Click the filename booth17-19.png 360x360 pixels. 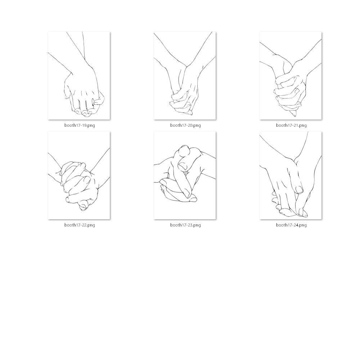pyautogui.click(x=80, y=125)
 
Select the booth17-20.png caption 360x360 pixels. pyautogui.click(x=185, y=125)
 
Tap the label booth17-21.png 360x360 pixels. pyautogui.click(x=291, y=125)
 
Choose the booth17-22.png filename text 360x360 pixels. pyautogui.click(x=80, y=225)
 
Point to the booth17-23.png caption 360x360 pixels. pyautogui.click(x=185, y=225)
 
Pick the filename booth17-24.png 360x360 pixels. pyautogui.click(x=291, y=225)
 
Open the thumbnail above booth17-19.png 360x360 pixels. pyautogui.click(x=79, y=76)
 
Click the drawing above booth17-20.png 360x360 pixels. pyautogui.click(x=185, y=76)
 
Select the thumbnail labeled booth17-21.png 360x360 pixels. pyautogui.click(x=291, y=76)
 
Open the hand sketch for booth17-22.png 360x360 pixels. pyautogui.click(x=79, y=175)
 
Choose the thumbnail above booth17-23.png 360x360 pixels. pyautogui.click(x=185, y=175)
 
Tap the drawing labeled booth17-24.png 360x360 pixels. pyautogui.click(x=291, y=175)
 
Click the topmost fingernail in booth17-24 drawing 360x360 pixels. pyautogui.click(x=300, y=190)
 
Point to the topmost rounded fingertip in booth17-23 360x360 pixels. pyautogui.click(x=184, y=150)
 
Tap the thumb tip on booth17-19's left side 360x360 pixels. pyautogui.click(x=67, y=97)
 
